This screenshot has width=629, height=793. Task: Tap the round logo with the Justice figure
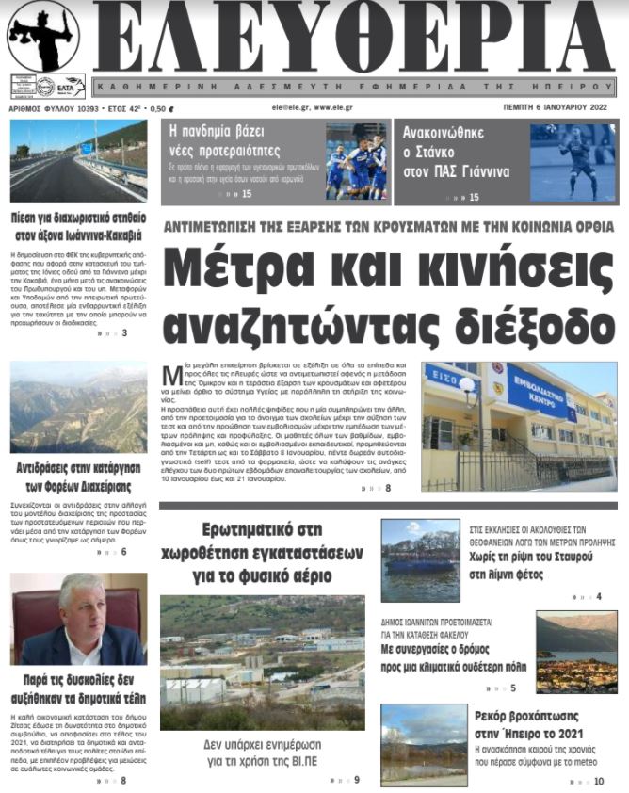[44, 36]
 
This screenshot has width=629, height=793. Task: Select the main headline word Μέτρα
[247, 269]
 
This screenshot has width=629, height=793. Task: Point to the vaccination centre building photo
[519, 426]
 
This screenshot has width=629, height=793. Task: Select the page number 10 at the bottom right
[600, 781]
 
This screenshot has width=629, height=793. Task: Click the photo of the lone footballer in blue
[573, 162]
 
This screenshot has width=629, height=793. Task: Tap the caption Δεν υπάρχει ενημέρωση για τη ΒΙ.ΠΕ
[268, 752]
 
